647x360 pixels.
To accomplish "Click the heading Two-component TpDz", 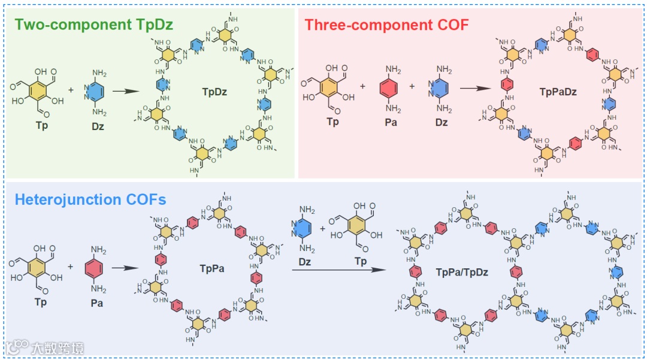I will click(x=94, y=25).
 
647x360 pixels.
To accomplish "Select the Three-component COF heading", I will click(x=386, y=25).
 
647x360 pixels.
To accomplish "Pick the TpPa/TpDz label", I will click(x=462, y=273).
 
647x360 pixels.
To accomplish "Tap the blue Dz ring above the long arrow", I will click(x=308, y=231).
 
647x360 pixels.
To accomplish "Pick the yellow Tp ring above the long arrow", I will click(x=360, y=231).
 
